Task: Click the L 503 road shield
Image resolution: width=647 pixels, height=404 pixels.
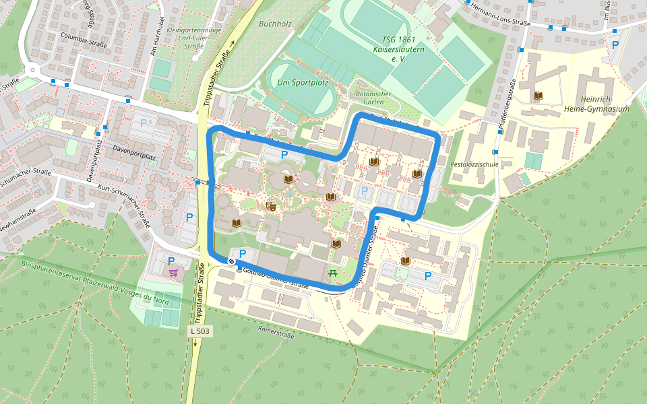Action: (x=200, y=331)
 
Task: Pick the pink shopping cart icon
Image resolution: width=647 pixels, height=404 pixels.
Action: (x=173, y=273)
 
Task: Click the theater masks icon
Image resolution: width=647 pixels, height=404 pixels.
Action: (x=272, y=206)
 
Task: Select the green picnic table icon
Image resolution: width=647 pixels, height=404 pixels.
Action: (x=332, y=273)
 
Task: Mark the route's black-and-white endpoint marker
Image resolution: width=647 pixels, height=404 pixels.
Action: (x=232, y=261)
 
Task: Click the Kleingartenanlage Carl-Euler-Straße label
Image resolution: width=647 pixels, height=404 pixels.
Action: (x=189, y=38)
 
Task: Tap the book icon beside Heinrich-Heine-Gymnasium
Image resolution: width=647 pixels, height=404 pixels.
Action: (x=537, y=96)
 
